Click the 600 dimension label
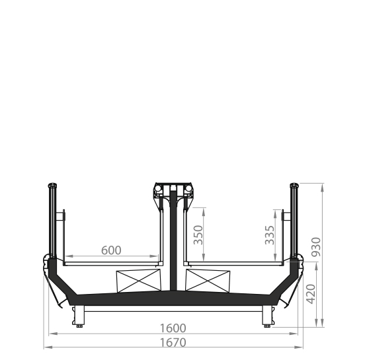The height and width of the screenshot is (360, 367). (111, 250)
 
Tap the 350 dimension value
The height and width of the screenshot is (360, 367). (198, 234)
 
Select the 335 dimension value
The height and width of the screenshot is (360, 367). (270, 235)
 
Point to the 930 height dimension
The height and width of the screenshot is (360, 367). (316, 247)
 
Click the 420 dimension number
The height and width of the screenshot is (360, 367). (311, 294)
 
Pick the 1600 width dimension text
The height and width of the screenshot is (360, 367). (173, 328)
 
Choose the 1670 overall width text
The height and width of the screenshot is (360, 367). (173, 343)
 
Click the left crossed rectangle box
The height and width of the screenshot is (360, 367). (139, 281)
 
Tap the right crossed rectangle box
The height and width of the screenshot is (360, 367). (208, 281)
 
